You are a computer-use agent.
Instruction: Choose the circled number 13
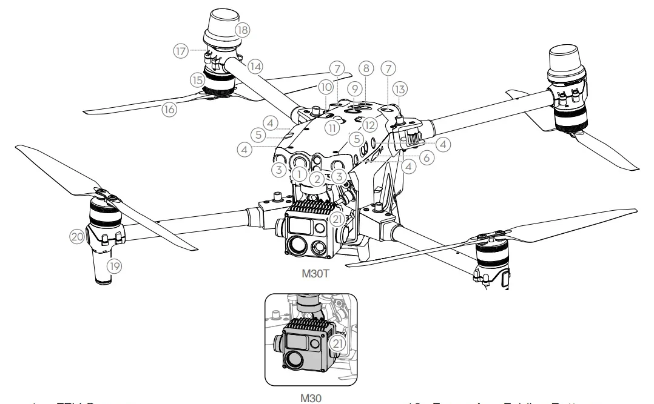point(399,88)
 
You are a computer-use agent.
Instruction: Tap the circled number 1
point(298,174)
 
